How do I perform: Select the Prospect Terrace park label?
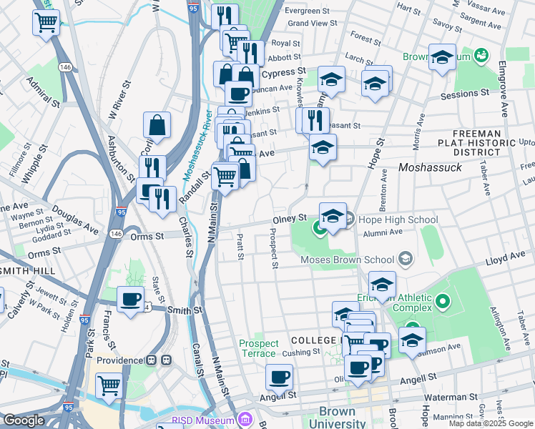(258, 348)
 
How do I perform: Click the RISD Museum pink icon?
(245, 419)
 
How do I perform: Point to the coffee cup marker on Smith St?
(130, 300)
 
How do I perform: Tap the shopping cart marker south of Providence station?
(109, 385)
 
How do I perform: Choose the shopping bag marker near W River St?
(157, 126)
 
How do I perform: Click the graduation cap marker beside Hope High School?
(333, 216)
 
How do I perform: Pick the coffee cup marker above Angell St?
(280, 377)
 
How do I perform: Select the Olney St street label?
(290, 217)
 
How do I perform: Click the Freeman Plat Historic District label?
(484, 143)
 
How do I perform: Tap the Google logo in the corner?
(24, 420)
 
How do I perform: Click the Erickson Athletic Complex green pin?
(442, 301)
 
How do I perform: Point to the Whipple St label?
(34, 167)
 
